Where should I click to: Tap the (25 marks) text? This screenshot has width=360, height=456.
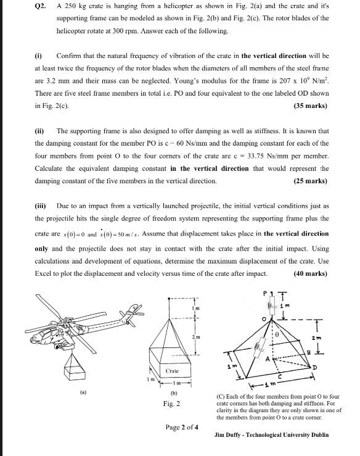[x=311, y=181]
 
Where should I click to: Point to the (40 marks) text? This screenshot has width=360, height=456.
[x=311, y=273]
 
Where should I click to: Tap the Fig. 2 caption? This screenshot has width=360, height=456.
[x=172, y=404]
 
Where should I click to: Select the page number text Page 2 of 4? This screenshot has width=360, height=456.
[x=182, y=427]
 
